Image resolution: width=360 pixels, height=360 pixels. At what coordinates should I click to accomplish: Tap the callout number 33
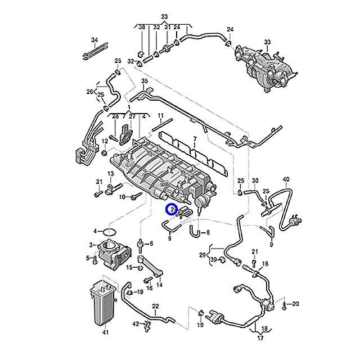pos(267,42)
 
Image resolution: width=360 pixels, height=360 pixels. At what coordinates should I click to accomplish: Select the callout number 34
pos(94,40)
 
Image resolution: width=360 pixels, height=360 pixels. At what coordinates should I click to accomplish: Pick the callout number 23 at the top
pos(164,16)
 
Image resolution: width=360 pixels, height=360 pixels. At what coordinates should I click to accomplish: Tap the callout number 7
pos(195,139)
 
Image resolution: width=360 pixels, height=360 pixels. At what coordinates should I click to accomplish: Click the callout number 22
pos(155,305)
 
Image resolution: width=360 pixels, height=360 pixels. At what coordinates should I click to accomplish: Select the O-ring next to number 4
pos(110,231)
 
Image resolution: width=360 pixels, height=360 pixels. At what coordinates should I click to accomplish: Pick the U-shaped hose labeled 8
pos(195,231)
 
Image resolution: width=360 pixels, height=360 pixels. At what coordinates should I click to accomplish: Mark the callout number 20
pos(296,304)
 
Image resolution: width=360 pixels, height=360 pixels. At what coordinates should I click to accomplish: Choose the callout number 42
pos(136,323)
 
